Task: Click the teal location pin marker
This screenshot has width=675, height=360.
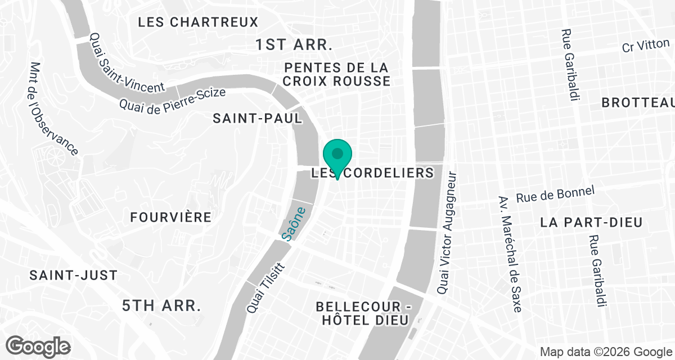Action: pyautogui.click(x=337, y=155)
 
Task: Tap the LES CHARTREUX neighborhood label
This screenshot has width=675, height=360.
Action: pyautogui.click(x=198, y=22)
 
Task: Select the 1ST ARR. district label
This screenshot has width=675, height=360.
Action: pyautogui.click(x=294, y=45)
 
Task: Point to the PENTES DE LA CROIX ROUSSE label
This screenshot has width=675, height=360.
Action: pyautogui.click(x=336, y=74)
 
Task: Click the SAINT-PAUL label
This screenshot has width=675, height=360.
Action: pyautogui.click(x=258, y=118)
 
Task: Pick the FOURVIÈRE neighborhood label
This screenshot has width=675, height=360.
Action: pyautogui.click(x=170, y=217)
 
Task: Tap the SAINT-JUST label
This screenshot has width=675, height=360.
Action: pyautogui.click(x=74, y=276)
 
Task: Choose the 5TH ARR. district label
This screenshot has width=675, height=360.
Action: pyautogui.click(x=161, y=306)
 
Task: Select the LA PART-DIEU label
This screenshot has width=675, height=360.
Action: pyautogui.click(x=591, y=222)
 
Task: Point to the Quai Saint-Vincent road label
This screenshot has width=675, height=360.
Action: pyautogui.click(x=127, y=62)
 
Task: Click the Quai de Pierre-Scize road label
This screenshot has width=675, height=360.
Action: pyautogui.click(x=173, y=99)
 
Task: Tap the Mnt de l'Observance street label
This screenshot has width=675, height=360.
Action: pyautogui.click(x=53, y=109)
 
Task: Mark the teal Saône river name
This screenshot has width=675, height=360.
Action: pyautogui.click(x=295, y=224)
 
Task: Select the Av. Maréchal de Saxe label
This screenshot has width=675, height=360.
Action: pyautogui.click(x=510, y=255)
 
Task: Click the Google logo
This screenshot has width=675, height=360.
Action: pyautogui.click(x=38, y=345)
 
